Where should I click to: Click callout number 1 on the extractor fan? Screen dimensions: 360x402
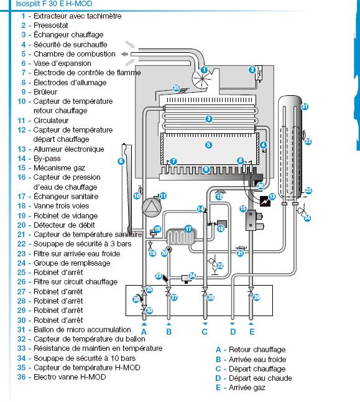[x=204, y=70]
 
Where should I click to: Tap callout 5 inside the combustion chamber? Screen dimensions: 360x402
[x=208, y=145]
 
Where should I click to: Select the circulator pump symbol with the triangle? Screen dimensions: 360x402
[x=152, y=207]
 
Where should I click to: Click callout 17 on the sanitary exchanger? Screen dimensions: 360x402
[x=188, y=228]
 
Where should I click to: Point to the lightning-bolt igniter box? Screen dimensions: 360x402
[x=265, y=201]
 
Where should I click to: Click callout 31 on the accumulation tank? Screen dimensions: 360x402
[x=305, y=106]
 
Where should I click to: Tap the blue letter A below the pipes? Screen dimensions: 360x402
[x=144, y=332]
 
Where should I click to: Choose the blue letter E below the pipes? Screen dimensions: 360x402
[x=252, y=332]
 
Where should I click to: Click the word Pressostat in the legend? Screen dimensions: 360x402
[x=51, y=26]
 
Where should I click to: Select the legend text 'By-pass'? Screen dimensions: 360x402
[x=47, y=159]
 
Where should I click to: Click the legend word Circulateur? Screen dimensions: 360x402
[x=51, y=121]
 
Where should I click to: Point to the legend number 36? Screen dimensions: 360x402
[x=22, y=377]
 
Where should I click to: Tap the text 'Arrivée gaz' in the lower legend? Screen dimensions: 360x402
[x=247, y=388]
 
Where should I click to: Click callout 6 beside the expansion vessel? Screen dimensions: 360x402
[x=121, y=161]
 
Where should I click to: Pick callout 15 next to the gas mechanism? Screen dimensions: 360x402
[x=243, y=208]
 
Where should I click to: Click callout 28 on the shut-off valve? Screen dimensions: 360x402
[x=211, y=297]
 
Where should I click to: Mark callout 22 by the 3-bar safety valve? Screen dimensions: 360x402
[x=220, y=265]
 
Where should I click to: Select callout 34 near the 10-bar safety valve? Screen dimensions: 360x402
[x=307, y=218]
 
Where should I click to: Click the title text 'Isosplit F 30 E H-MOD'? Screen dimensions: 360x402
[x=54, y=4]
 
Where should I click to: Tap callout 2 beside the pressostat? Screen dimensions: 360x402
[x=252, y=70]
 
